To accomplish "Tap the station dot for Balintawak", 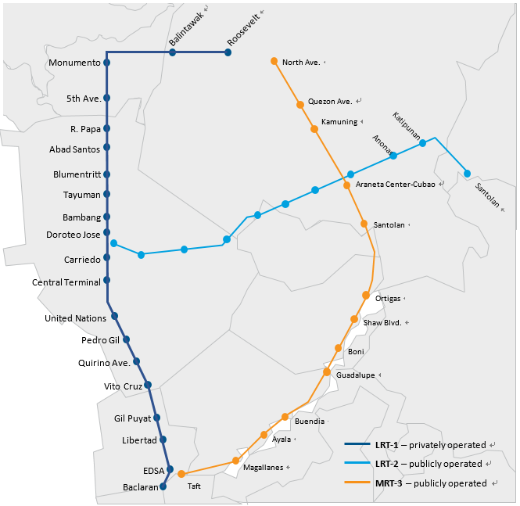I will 172,52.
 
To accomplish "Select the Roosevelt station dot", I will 228,52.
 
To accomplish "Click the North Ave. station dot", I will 274,61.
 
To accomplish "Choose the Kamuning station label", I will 339,123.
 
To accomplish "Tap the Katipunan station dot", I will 422,143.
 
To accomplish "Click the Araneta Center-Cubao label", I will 396,185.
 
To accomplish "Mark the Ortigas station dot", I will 366,295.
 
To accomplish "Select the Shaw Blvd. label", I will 382,322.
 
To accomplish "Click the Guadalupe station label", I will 355,375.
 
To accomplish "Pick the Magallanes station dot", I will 235,461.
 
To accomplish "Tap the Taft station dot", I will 181,474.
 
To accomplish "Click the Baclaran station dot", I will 163,486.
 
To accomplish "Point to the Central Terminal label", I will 66,282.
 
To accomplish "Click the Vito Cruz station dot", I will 148,385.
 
